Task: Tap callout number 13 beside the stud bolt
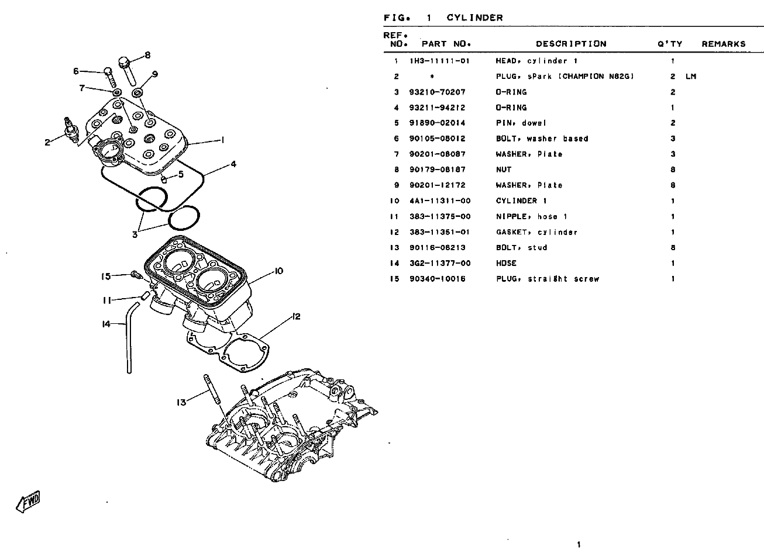click(x=182, y=402)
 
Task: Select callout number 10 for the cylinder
click(x=278, y=271)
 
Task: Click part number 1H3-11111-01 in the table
click(x=439, y=61)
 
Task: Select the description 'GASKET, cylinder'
click(x=536, y=232)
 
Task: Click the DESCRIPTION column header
click(x=571, y=44)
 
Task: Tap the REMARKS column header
click(x=724, y=44)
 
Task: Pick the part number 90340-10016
click(x=438, y=279)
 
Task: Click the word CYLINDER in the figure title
click(x=474, y=18)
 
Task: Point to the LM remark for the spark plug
click(x=691, y=77)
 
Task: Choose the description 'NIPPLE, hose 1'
click(x=531, y=216)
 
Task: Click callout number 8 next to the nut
click(x=147, y=55)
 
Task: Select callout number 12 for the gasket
click(x=296, y=317)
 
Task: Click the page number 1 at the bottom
click(x=579, y=545)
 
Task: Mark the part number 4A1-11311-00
click(x=440, y=201)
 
